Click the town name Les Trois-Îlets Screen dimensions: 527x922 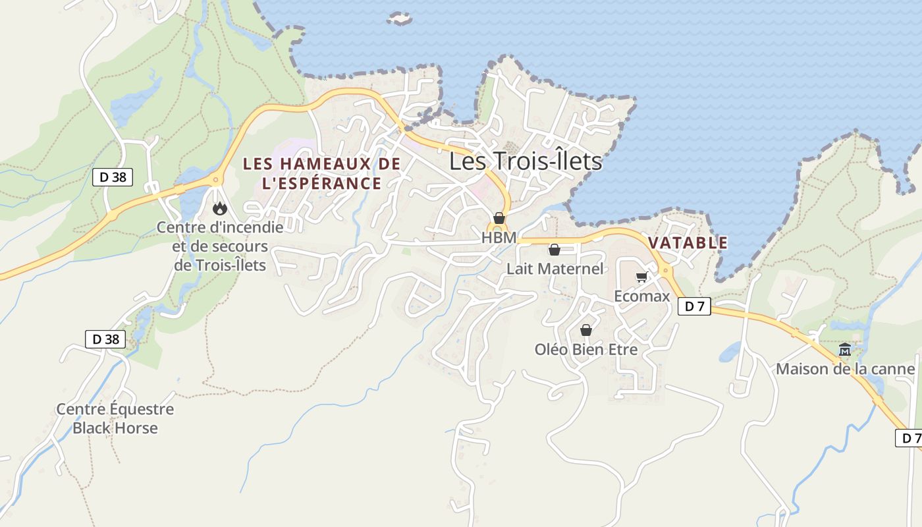coord(526,161)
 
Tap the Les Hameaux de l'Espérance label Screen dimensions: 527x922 coord(322,173)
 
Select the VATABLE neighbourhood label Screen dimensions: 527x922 coord(688,242)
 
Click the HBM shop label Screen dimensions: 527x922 coord(499,238)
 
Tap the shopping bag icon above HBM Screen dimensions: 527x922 coord(499,218)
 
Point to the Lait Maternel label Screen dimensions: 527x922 coord(555,269)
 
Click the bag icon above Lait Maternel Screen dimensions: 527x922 coord(555,250)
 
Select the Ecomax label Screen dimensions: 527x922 coord(641,296)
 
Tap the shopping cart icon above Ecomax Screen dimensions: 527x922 coord(641,277)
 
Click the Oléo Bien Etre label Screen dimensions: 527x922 coord(586,349)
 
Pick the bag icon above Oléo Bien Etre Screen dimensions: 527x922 coord(586,330)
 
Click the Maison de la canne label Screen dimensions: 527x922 coord(845,369)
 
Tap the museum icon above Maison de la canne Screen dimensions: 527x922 coord(845,350)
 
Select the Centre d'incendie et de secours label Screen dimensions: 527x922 coord(220,246)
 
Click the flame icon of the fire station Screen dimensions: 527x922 coord(220,209)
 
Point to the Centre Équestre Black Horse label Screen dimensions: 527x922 coord(115,418)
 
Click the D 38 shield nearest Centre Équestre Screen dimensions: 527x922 coord(105,339)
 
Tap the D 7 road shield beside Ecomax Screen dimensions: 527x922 coord(694,306)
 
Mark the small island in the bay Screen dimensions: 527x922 coord(399,18)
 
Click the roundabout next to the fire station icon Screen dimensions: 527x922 coord(215,179)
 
